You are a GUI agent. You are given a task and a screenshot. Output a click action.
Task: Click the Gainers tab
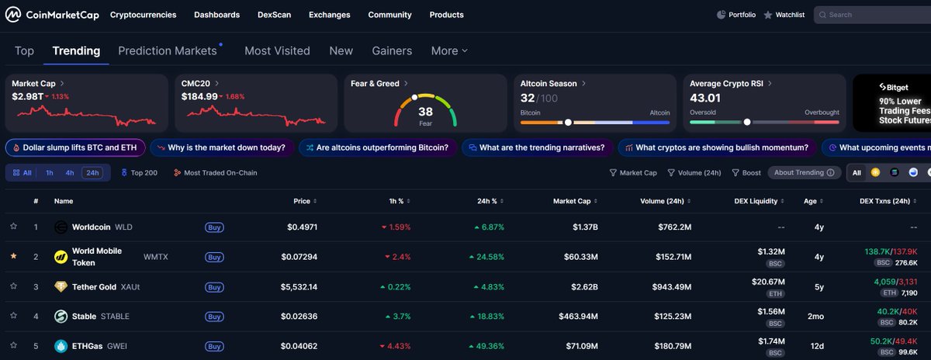[392, 50]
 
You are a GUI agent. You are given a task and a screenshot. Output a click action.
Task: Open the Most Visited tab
[277, 50]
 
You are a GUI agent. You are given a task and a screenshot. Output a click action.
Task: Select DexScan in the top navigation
[275, 15]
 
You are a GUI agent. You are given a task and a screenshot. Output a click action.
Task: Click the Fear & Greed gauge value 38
[425, 112]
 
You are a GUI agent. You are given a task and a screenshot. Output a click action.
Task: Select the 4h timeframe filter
[69, 173]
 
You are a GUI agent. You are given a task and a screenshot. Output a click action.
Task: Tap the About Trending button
[805, 172]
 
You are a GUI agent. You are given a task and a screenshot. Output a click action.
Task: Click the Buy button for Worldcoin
[214, 227]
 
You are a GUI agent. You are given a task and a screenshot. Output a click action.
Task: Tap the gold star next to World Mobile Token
[14, 256]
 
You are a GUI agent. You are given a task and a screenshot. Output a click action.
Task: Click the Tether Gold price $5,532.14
[299, 287]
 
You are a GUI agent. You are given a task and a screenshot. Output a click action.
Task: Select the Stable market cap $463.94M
[578, 317]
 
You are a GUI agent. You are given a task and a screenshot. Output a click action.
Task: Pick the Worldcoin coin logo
[61, 227]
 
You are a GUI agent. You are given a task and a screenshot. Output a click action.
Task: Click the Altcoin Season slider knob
[568, 123]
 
